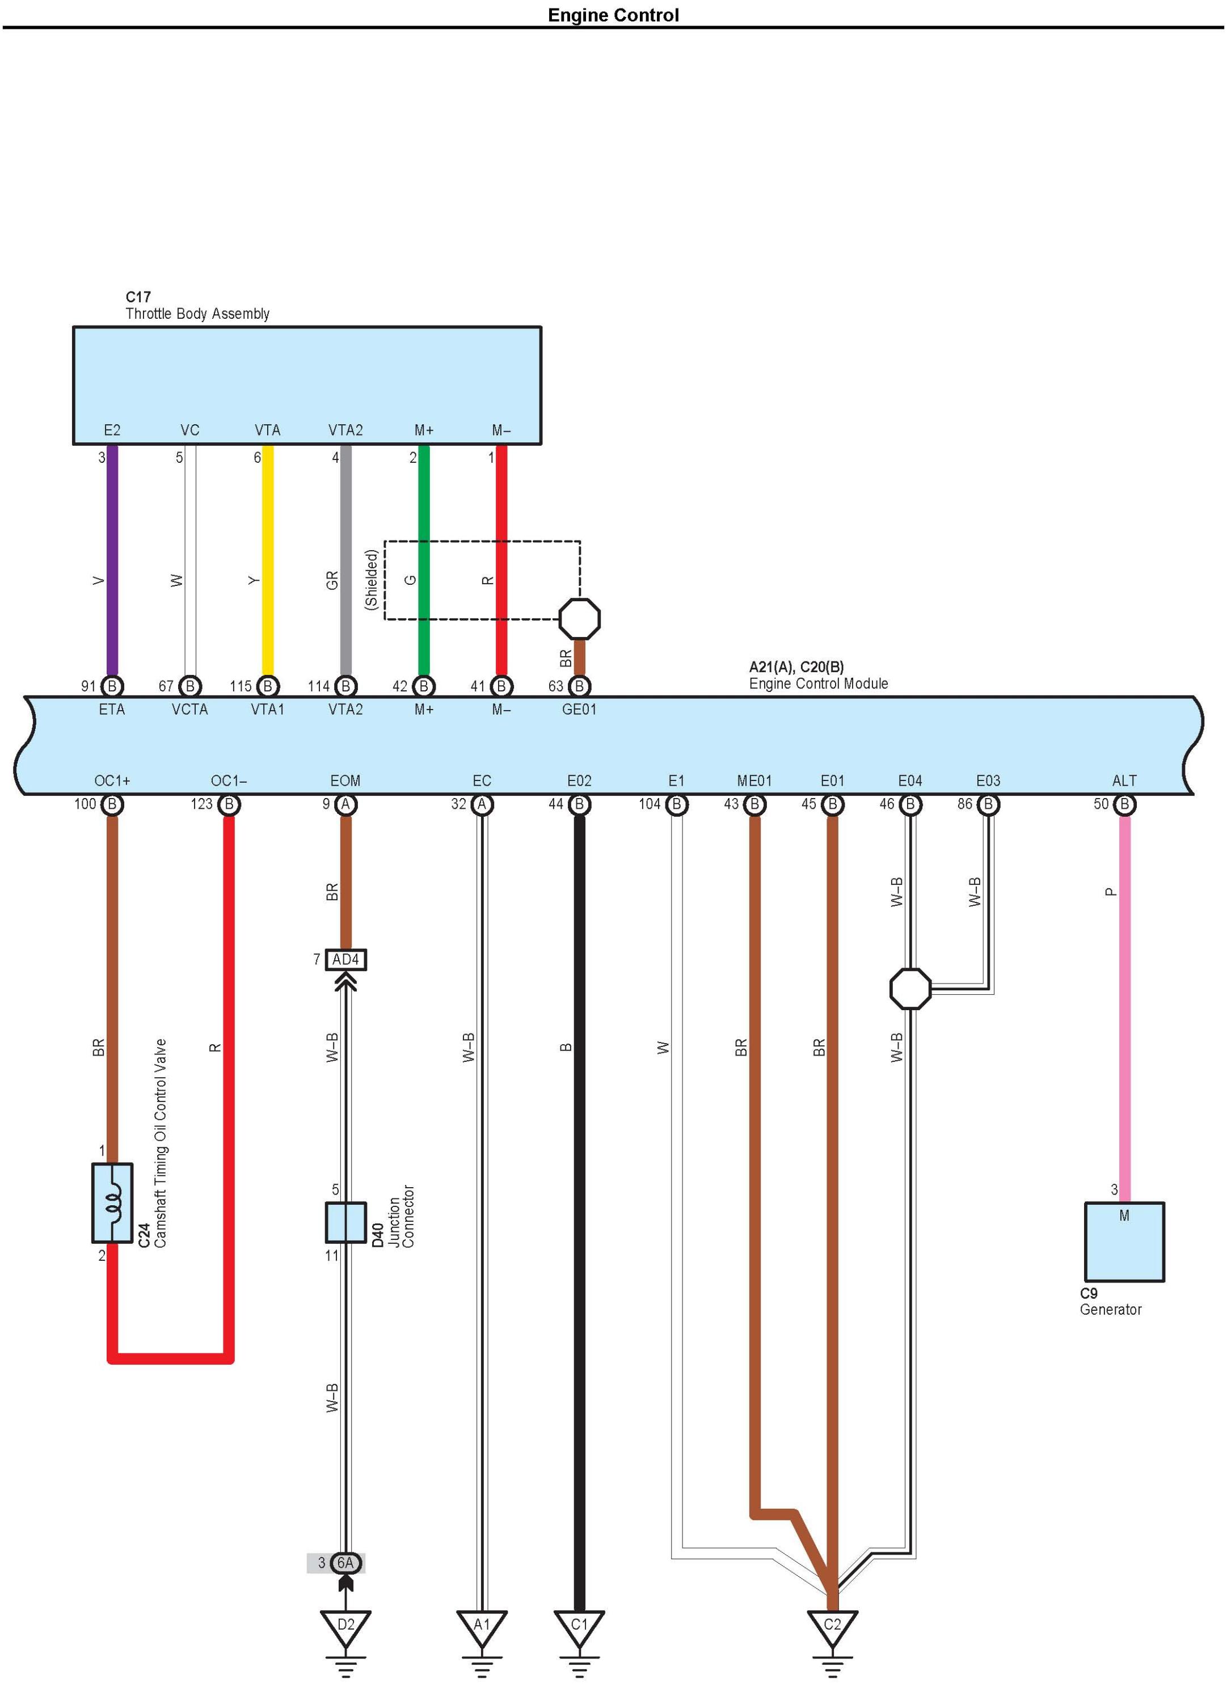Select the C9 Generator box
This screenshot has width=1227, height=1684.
pos(1124,1242)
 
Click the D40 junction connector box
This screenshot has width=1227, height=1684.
pos(345,1223)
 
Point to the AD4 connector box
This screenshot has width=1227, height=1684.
pos(345,960)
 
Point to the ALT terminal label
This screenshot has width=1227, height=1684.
pos(1124,780)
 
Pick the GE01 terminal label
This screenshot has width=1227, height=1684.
pos(579,709)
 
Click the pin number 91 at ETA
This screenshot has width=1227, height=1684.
pos(88,686)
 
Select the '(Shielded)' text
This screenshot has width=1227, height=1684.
pos(372,580)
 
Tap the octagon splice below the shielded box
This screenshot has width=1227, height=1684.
pos(579,618)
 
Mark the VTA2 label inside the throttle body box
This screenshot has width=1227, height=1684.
pos(345,430)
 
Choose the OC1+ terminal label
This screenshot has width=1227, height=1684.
pos(112,780)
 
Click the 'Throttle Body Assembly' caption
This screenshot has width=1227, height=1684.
pos(197,313)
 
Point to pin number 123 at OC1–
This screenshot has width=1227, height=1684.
pos(202,804)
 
